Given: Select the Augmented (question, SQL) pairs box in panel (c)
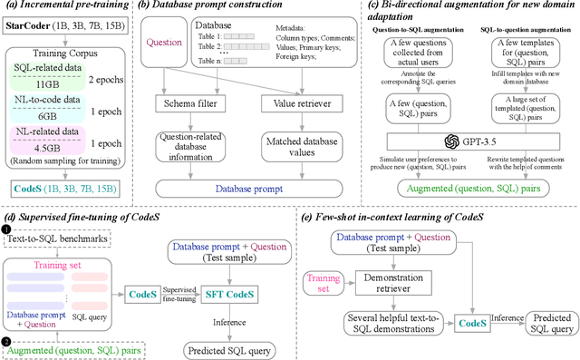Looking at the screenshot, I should pos(478,186).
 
